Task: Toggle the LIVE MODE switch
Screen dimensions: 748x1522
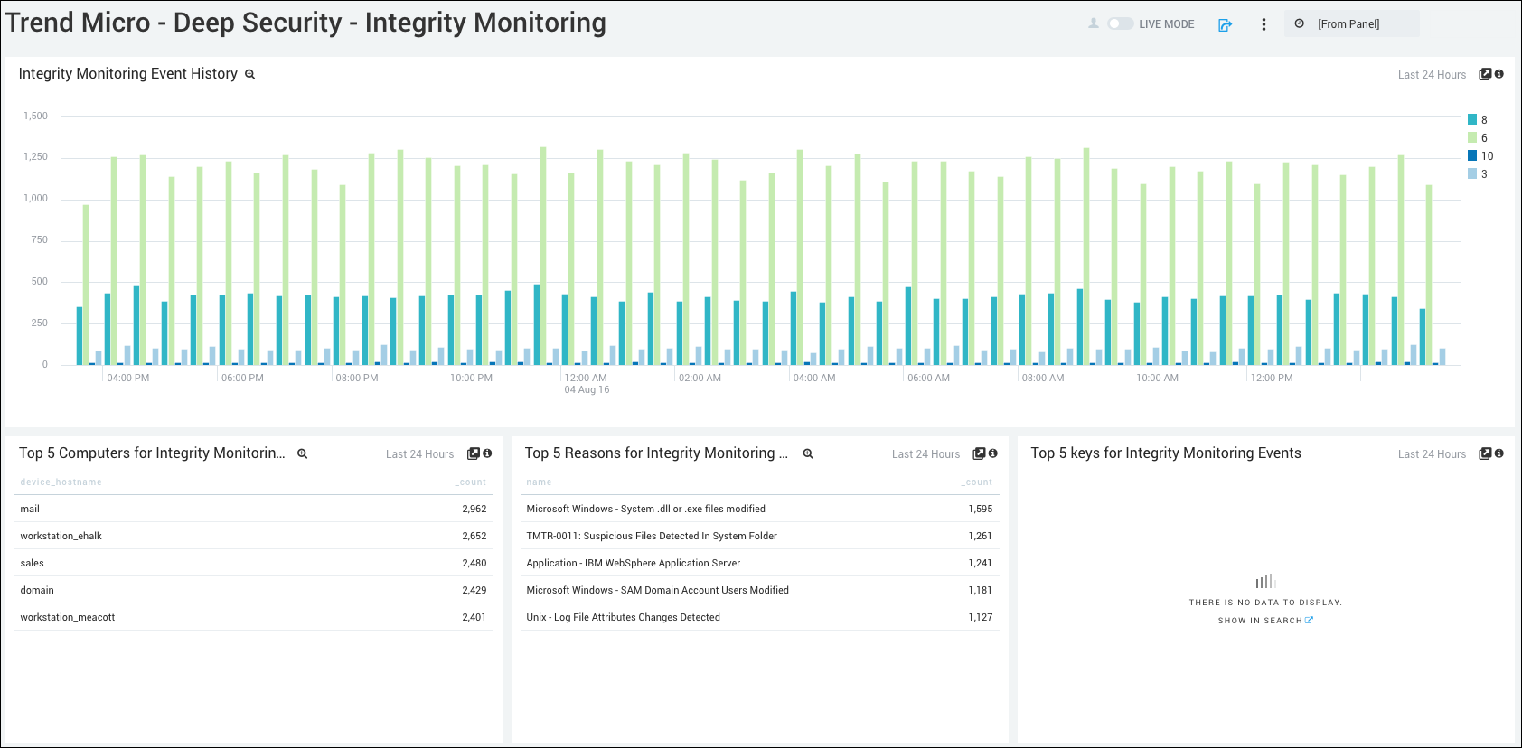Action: click(x=1121, y=24)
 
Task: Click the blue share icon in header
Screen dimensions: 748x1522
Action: click(x=1225, y=25)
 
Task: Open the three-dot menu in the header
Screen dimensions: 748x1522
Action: click(x=1264, y=24)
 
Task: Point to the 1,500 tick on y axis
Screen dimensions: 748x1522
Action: click(x=36, y=116)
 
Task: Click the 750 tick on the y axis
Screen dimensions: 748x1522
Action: click(x=39, y=239)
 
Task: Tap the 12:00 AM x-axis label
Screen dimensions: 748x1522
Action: click(x=586, y=378)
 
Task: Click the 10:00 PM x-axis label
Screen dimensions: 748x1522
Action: click(x=471, y=378)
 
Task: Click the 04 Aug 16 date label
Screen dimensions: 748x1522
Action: click(x=587, y=390)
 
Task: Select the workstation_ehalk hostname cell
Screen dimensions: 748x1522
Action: click(x=61, y=536)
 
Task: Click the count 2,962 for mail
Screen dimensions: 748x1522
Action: click(x=474, y=509)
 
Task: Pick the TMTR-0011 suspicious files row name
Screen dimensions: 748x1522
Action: click(x=651, y=536)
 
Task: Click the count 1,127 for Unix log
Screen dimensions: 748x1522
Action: click(x=980, y=617)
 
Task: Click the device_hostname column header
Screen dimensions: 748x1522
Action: click(x=61, y=482)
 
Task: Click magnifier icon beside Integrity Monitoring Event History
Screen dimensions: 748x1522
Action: click(x=250, y=75)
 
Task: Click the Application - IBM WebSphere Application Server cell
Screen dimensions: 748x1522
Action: click(x=633, y=563)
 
